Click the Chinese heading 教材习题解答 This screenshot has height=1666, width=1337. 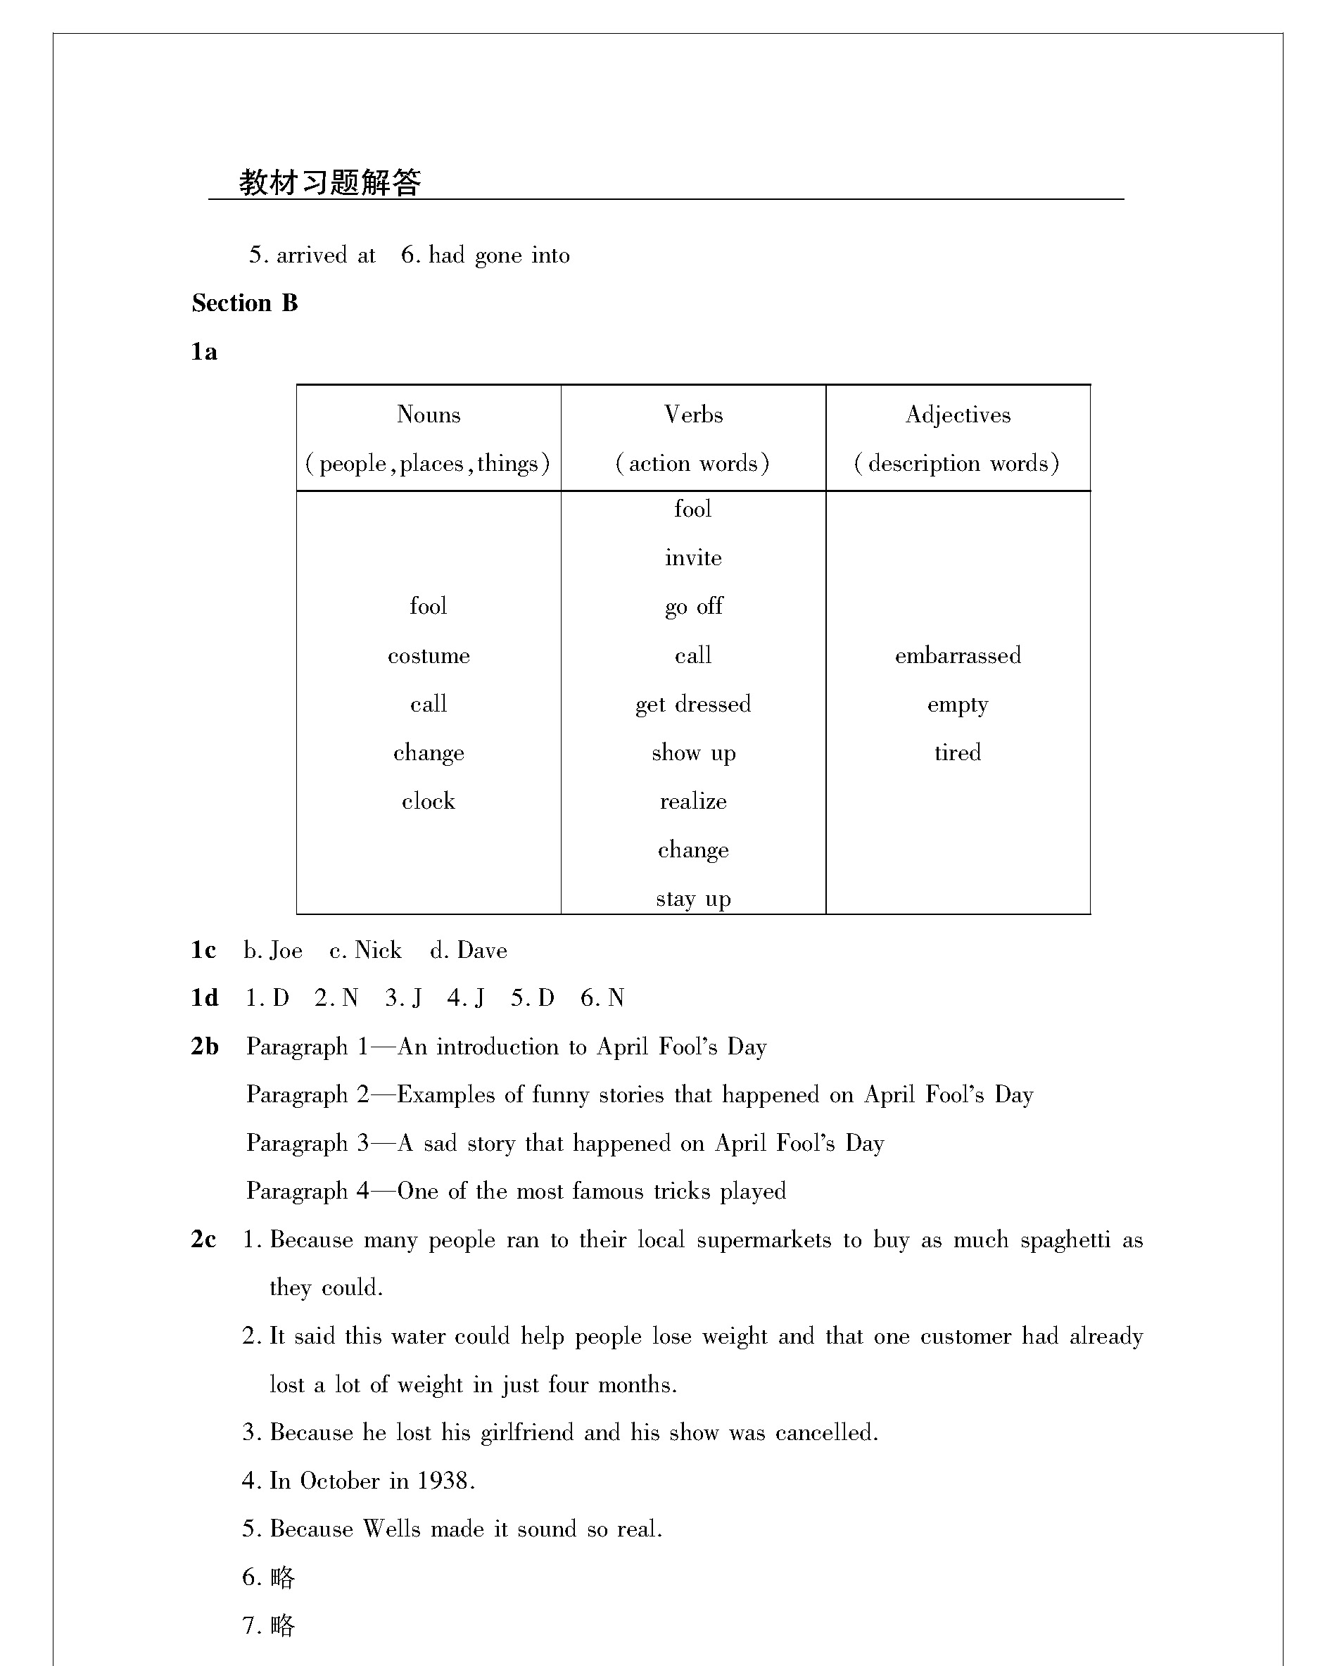(x=330, y=183)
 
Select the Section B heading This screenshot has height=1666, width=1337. (x=245, y=303)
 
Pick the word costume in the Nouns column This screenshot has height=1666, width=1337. (x=429, y=656)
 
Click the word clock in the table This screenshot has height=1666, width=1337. (x=429, y=801)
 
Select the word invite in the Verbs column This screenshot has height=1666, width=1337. (x=694, y=558)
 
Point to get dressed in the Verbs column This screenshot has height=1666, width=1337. (x=694, y=705)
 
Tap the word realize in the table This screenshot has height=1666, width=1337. (x=694, y=801)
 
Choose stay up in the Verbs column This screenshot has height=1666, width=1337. (x=694, y=899)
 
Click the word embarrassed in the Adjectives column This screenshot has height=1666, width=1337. (x=958, y=656)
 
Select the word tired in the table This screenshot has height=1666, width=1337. (x=958, y=752)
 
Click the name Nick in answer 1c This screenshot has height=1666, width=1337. (x=378, y=950)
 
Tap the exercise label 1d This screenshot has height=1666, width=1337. (x=205, y=998)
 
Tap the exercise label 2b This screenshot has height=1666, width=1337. (x=205, y=1047)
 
